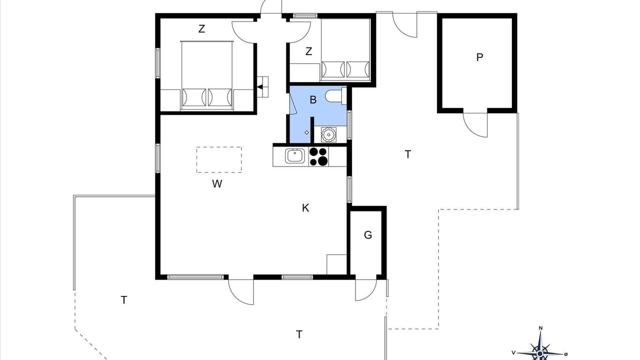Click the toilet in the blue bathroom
pyautogui.click(x=335, y=96)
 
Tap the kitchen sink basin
pyautogui.click(x=295, y=155)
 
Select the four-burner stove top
pyautogui.click(x=318, y=156)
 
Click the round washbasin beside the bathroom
pyautogui.click(x=328, y=134)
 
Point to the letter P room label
pyautogui.click(x=479, y=57)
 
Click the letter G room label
pyautogui.click(x=368, y=235)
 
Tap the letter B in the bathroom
pyautogui.click(x=313, y=99)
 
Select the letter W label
pyautogui.click(x=217, y=183)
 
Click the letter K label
pyautogui.click(x=305, y=207)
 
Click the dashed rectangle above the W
pyautogui.click(x=219, y=159)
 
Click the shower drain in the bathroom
pyautogui.click(x=306, y=132)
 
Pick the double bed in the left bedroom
pyautogui.click(x=207, y=75)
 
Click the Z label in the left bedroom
pyautogui.click(x=201, y=29)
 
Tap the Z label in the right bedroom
pyautogui.click(x=308, y=51)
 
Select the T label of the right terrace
pyautogui.click(x=408, y=154)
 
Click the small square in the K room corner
pyautogui.click(x=336, y=264)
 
